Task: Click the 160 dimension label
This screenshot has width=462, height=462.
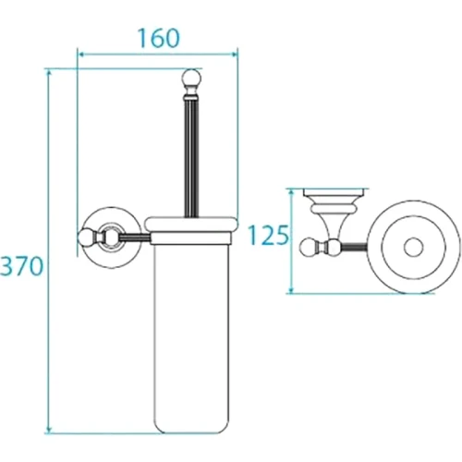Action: point(158,39)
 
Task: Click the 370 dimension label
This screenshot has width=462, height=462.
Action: point(21,266)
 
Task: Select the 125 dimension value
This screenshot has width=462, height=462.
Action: point(268,236)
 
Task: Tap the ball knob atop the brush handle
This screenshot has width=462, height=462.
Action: point(191,78)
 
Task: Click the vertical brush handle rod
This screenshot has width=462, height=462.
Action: point(191,157)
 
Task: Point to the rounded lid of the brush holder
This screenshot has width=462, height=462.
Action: point(191,225)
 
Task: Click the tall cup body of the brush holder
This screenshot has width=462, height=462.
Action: point(191,333)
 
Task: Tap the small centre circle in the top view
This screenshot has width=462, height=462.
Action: point(413,247)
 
